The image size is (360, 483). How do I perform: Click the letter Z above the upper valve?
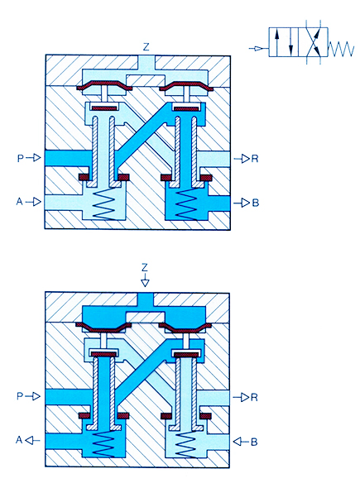click(146, 47)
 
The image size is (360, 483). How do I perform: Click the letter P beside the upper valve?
click(21, 158)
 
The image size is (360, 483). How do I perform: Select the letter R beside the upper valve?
click(255, 159)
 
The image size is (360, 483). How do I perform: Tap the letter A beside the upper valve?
click(19, 202)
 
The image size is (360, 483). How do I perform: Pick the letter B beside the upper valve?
click(256, 203)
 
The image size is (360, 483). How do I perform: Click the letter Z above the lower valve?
click(145, 267)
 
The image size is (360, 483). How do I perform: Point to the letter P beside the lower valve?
click(20, 396)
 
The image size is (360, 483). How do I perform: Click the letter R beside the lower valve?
click(254, 397)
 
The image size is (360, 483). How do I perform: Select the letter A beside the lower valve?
click(19, 440)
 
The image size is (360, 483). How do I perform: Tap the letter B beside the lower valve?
click(254, 442)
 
